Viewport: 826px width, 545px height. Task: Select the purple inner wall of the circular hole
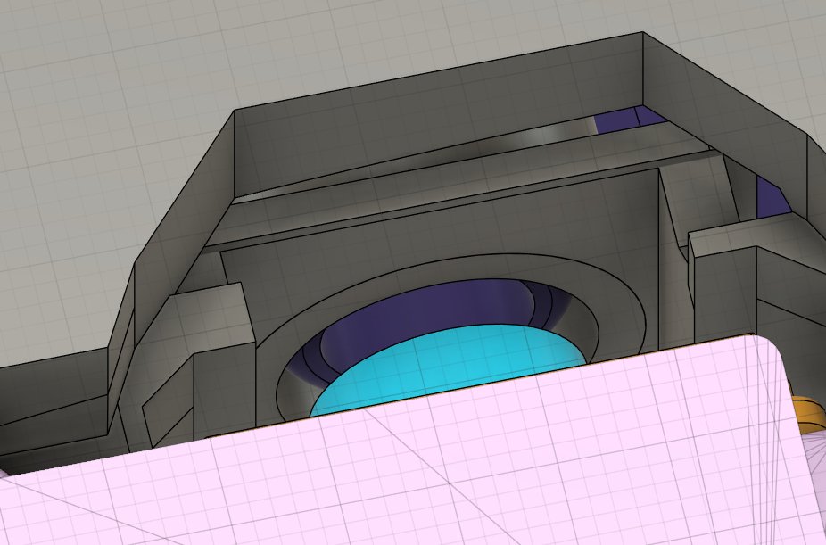coord(428,312)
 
